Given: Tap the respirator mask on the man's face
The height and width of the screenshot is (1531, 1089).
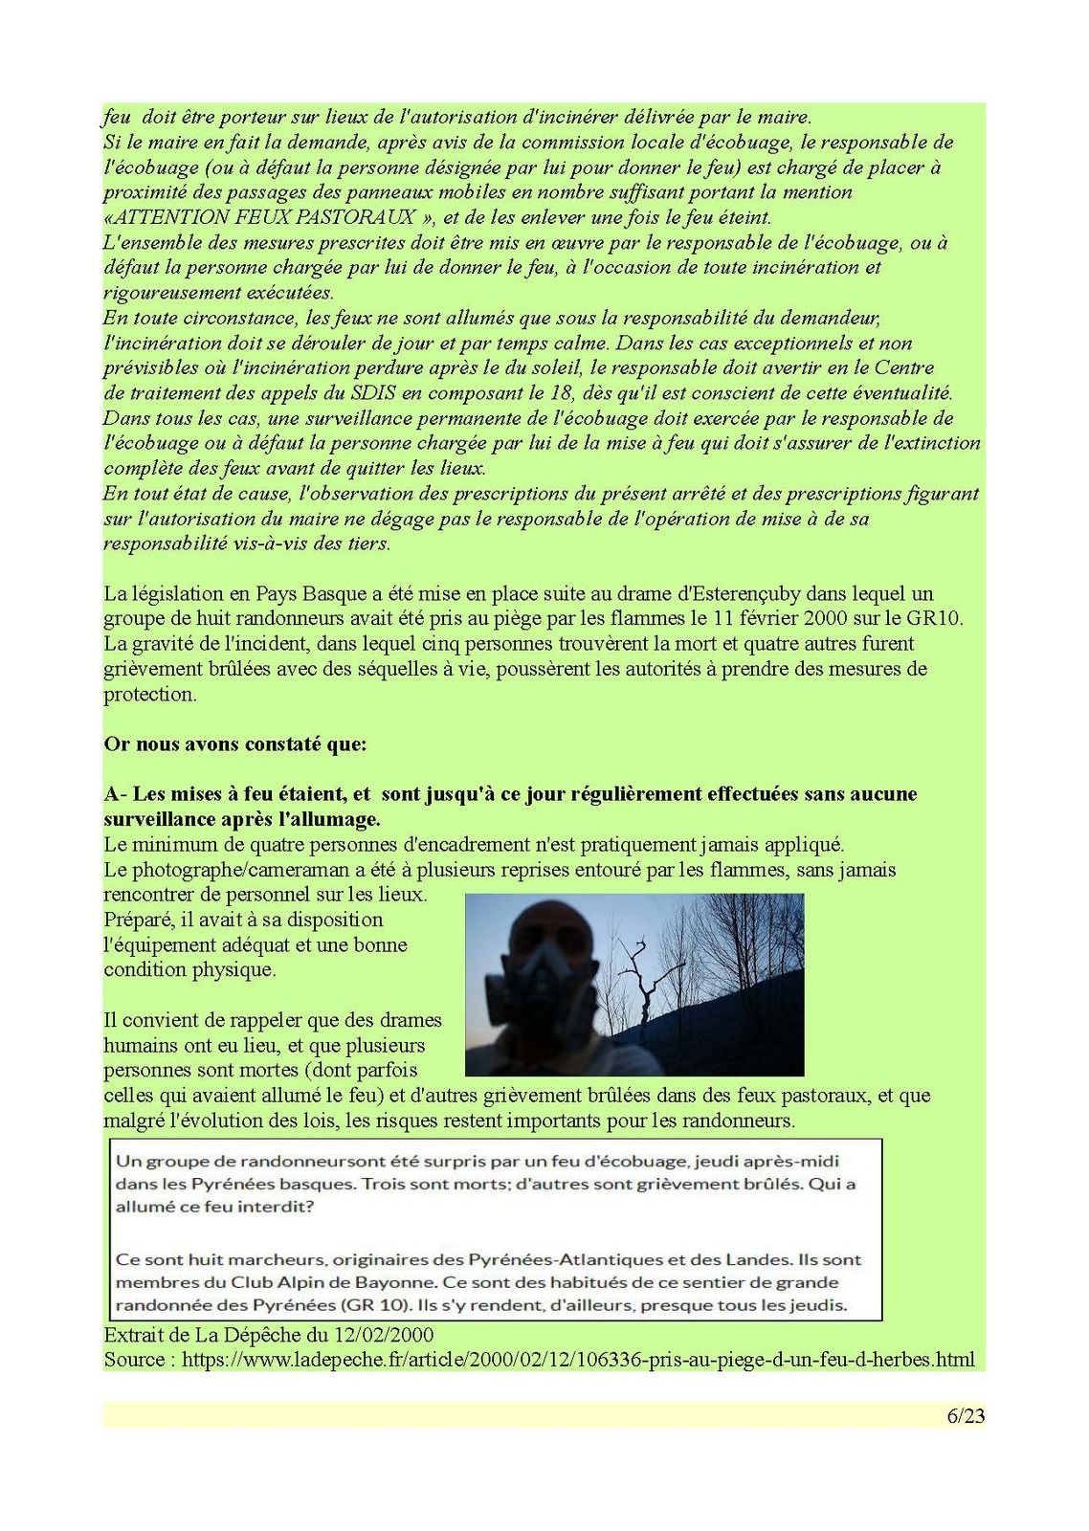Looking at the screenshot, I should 536,996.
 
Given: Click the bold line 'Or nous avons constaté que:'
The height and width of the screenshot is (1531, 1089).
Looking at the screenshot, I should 234,744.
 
